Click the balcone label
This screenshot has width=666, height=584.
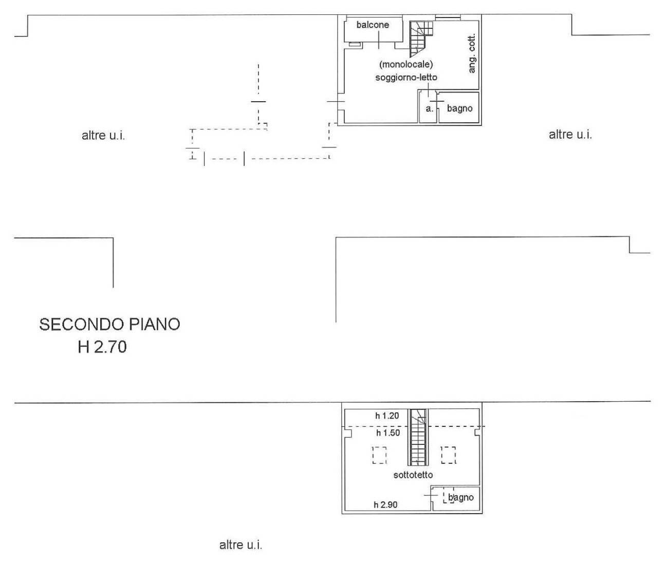[x=373, y=25]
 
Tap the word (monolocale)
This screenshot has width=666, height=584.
[x=406, y=65]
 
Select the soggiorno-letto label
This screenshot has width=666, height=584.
[x=406, y=78]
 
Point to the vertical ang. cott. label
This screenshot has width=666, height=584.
[x=472, y=53]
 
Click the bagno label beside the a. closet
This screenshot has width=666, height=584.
[x=459, y=108]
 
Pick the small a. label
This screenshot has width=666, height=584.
[x=429, y=109]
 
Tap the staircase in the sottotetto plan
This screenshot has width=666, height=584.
[x=418, y=437]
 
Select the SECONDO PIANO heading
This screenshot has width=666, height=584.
[x=109, y=325]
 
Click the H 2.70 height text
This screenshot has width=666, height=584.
[x=102, y=347]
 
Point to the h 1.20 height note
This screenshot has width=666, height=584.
[x=387, y=416]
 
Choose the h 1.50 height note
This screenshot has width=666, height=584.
[x=387, y=433]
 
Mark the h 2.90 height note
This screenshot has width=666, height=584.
[x=385, y=505]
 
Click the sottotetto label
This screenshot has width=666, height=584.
[x=413, y=475]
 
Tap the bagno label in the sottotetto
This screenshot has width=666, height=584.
[x=461, y=497]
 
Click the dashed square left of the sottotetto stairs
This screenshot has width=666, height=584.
[x=379, y=455]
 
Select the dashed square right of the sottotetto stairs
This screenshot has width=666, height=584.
[x=448, y=455]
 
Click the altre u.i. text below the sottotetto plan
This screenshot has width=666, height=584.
[x=240, y=545]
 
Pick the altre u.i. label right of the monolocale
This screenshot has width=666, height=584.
[x=570, y=135]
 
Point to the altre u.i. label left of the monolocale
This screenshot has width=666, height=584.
[x=103, y=136]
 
